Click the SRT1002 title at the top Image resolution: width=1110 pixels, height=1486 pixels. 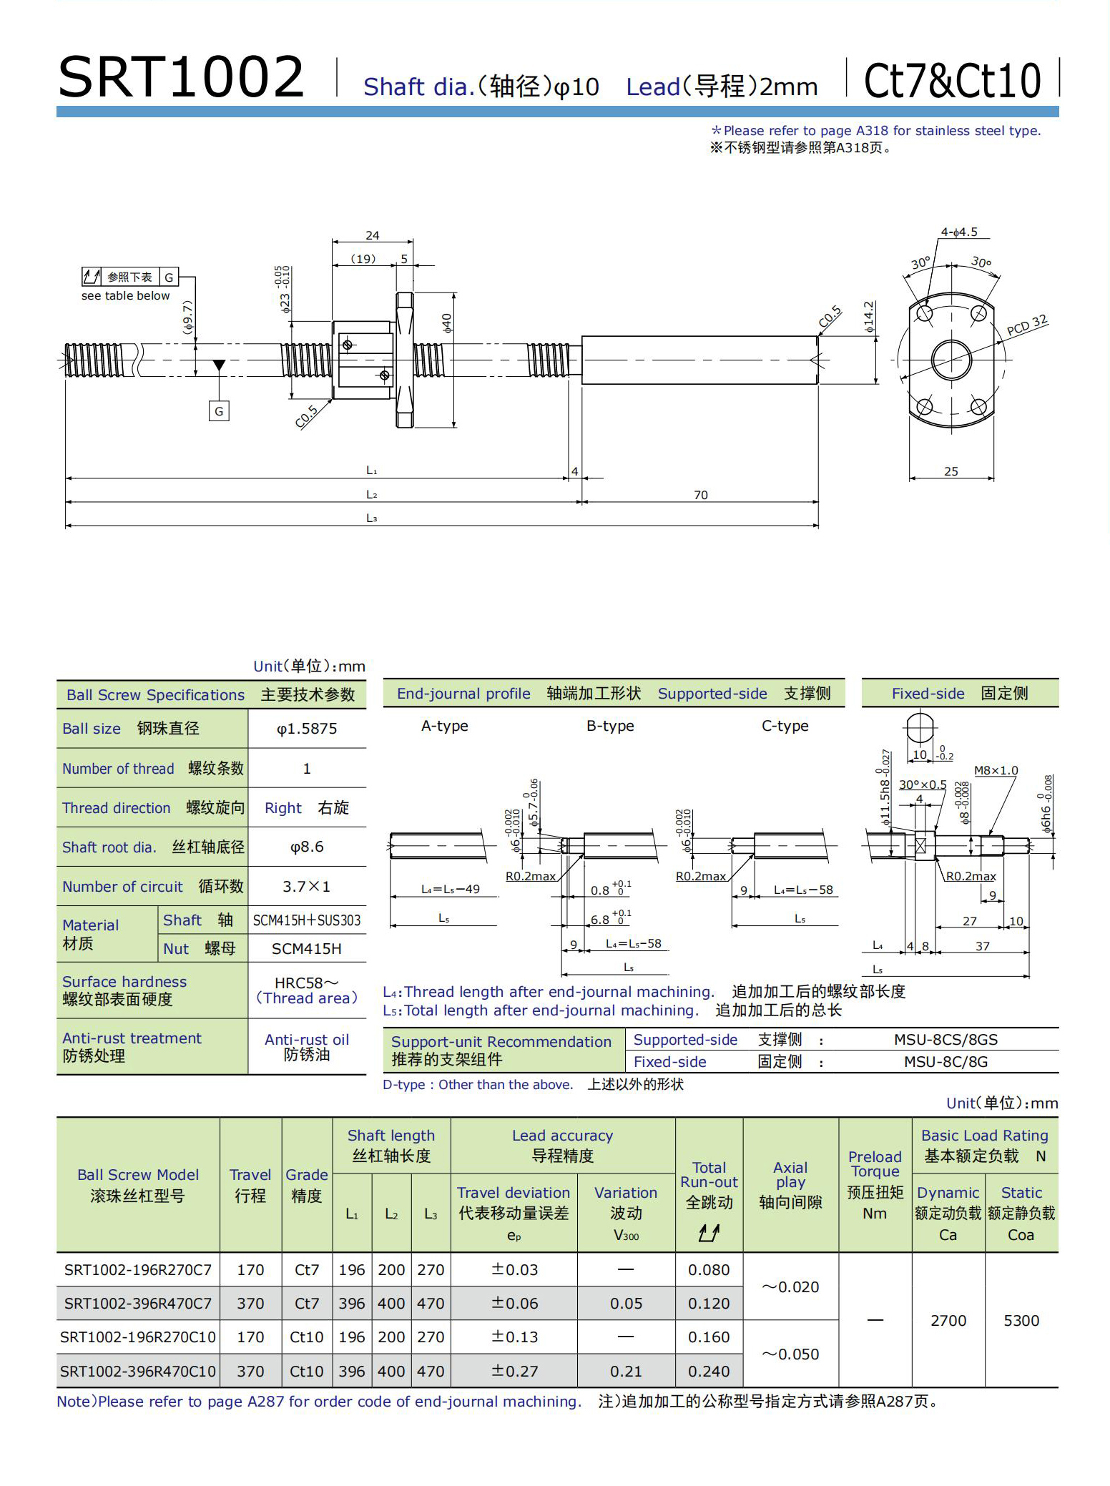tap(181, 77)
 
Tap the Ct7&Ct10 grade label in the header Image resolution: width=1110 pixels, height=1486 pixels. tap(952, 80)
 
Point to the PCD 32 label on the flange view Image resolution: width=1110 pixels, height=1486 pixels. tap(1026, 325)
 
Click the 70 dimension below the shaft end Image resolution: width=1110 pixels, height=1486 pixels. tap(700, 495)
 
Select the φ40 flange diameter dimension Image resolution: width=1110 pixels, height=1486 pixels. tap(447, 323)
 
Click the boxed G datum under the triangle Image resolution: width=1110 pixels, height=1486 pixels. tap(219, 411)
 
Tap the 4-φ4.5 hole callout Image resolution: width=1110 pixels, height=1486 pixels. tap(958, 232)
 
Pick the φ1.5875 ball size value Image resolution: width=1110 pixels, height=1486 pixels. tap(307, 729)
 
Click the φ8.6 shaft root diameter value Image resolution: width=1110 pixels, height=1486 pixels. tap(307, 847)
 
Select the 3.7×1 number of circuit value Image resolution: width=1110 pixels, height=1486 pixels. tap(307, 887)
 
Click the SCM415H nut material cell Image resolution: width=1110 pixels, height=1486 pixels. tap(307, 949)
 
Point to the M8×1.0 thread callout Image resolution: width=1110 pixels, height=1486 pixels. tap(996, 770)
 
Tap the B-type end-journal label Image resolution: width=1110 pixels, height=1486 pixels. tap(610, 726)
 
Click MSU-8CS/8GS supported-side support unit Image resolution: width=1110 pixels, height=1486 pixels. tap(946, 1040)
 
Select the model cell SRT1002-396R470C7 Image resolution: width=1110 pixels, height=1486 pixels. tap(138, 1304)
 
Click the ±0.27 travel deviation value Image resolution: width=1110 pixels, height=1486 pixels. tap(514, 1372)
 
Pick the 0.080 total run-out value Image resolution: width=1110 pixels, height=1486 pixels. tap(709, 1270)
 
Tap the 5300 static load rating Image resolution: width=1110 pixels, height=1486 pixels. tap(1021, 1321)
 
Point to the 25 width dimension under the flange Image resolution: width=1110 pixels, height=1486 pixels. tap(951, 471)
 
